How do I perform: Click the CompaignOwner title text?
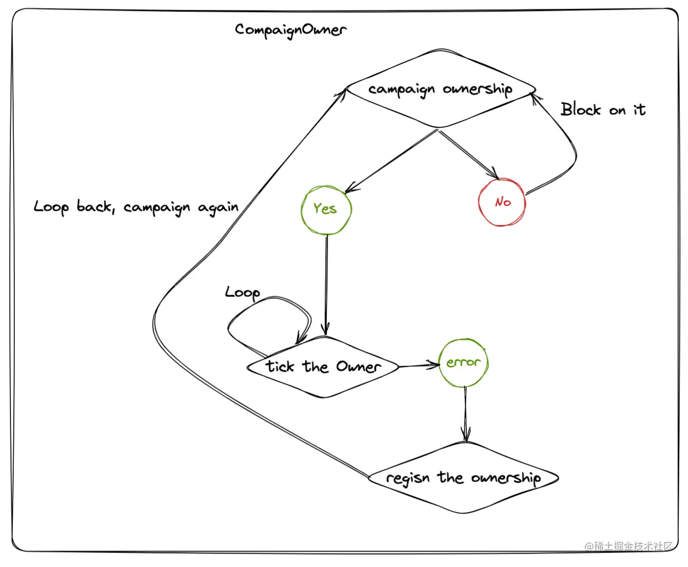click(x=291, y=30)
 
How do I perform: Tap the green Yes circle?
click(x=326, y=210)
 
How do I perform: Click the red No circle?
click(x=502, y=203)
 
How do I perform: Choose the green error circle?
click(x=463, y=363)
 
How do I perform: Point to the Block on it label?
click(x=603, y=110)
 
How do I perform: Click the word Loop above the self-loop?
click(x=242, y=292)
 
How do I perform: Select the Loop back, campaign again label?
click(x=136, y=208)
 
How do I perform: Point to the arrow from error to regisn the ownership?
click(x=466, y=413)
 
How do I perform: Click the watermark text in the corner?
click(x=629, y=546)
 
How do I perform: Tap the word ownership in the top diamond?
click(x=477, y=89)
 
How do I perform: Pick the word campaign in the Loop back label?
click(x=156, y=208)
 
